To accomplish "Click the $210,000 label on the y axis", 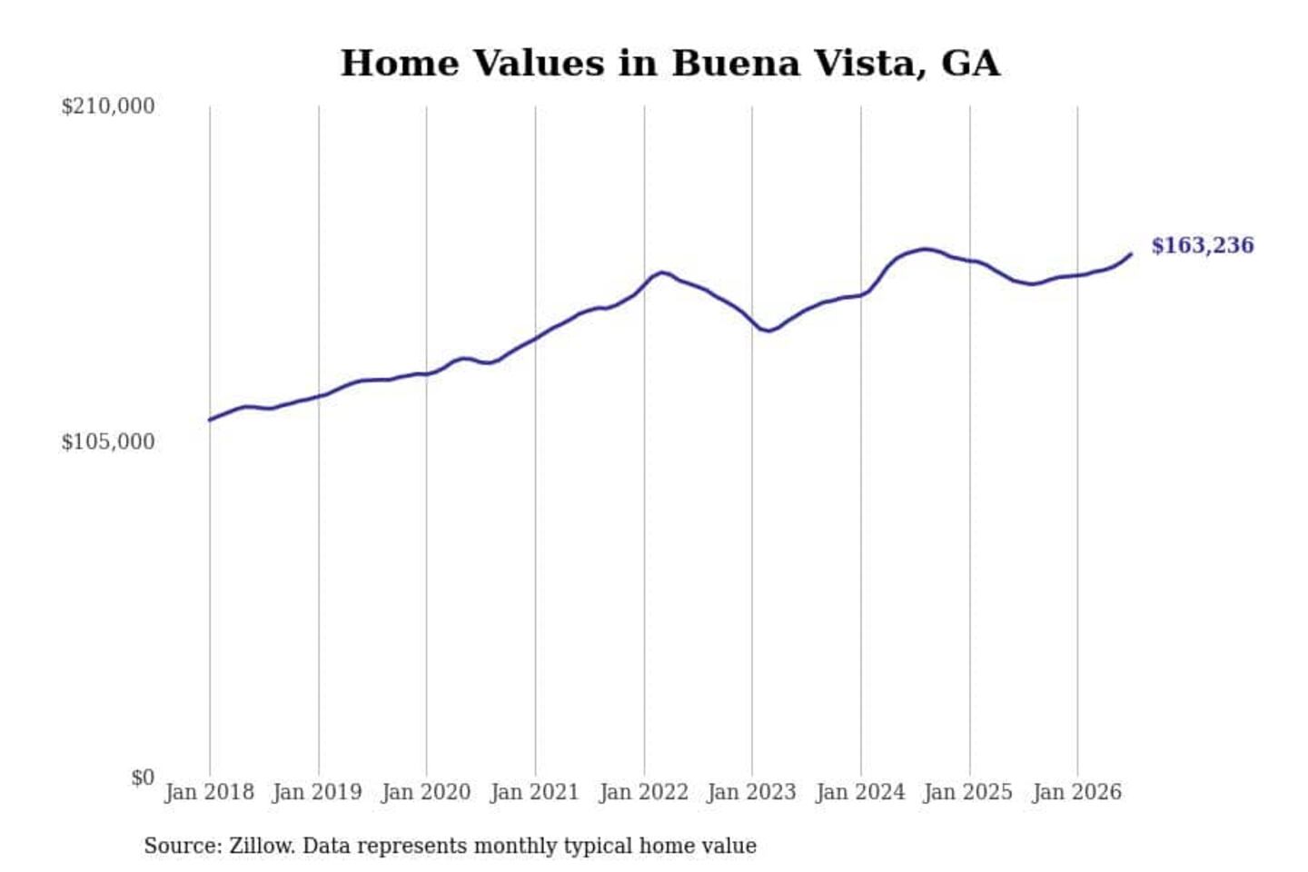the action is click(108, 107).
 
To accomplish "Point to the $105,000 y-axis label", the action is click(108, 442).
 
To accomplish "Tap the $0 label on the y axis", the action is click(143, 778).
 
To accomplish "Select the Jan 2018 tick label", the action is click(210, 793).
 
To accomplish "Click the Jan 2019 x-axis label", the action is click(318, 793).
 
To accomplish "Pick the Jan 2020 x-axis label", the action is click(426, 793).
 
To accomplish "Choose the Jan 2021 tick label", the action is click(535, 793).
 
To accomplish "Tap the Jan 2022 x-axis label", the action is click(644, 793).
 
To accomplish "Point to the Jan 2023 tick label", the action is click(751, 793).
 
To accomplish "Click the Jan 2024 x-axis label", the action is click(860, 793).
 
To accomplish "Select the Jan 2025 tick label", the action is click(968, 793).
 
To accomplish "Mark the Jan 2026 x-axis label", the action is click(1077, 793).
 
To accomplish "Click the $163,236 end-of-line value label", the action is click(1203, 246).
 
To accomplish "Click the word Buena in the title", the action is click(737, 63).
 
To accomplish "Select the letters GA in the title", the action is click(970, 63).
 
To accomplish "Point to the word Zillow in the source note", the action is click(263, 846).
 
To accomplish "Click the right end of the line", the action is click(1132, 254).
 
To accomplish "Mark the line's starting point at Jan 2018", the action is click(210, 420).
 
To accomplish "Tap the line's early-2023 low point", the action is click(769, 331).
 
